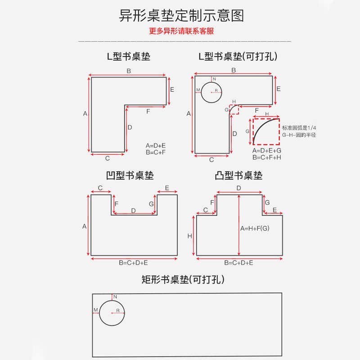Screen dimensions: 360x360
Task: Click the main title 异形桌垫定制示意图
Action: (181, 16)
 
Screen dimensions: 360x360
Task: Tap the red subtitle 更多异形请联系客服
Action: (181, 31)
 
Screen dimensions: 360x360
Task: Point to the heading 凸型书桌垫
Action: (238, 175)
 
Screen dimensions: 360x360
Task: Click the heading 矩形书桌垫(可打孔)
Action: (183, 280)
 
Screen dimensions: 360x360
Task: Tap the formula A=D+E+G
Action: (267, 151)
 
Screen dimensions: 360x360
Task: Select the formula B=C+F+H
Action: (267, 157)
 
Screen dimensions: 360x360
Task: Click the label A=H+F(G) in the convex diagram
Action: (255, 228)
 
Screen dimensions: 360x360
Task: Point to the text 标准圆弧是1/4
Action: (299, 128)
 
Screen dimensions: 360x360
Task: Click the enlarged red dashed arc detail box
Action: (266, 131)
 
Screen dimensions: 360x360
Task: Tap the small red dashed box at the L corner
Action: (234, 109)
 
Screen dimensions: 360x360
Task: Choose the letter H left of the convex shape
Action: (190, 235)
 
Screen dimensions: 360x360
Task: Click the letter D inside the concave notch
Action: (133, 210)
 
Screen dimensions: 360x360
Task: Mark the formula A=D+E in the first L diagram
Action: (156, 145)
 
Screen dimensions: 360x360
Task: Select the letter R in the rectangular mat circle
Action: (117, 310)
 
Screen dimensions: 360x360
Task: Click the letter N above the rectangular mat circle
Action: (115, 297)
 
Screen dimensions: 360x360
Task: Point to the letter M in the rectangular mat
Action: (95, 310)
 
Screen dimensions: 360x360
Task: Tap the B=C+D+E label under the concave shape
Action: (133, 262)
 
